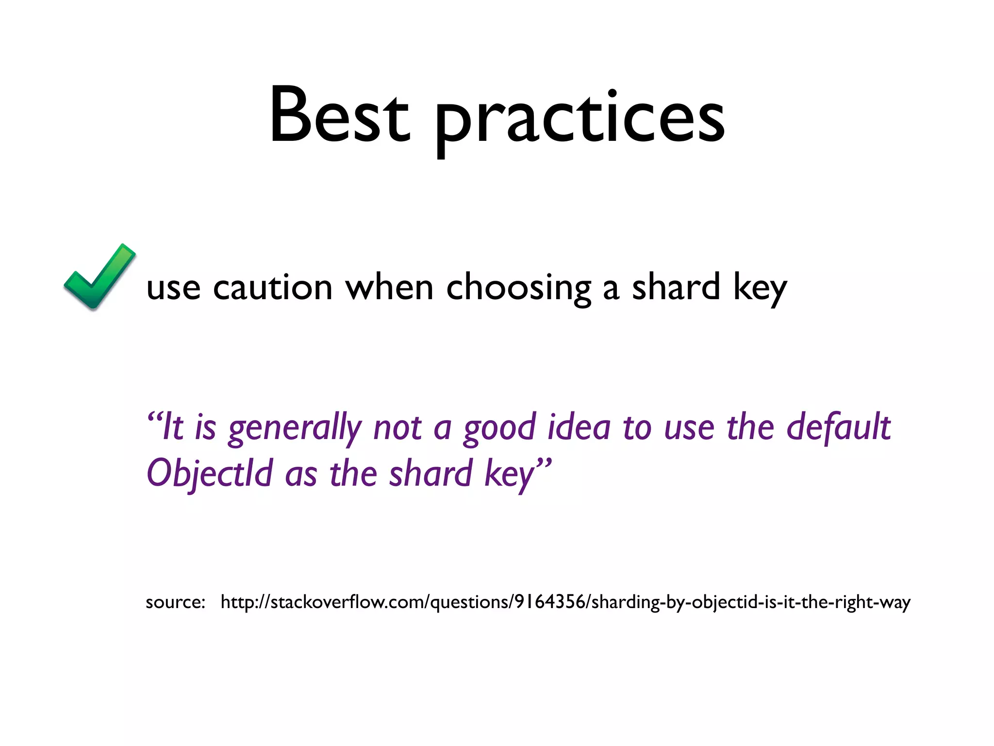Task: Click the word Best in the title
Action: coord(340,117)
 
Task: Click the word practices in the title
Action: coord(580,119)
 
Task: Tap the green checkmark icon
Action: coord(99,277)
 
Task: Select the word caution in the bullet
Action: coord(272,288)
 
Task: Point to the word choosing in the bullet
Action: coord(518,288)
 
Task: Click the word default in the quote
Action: coord(838,427)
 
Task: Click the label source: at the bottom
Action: coord(175,602)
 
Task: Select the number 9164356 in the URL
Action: coord(550,602)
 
